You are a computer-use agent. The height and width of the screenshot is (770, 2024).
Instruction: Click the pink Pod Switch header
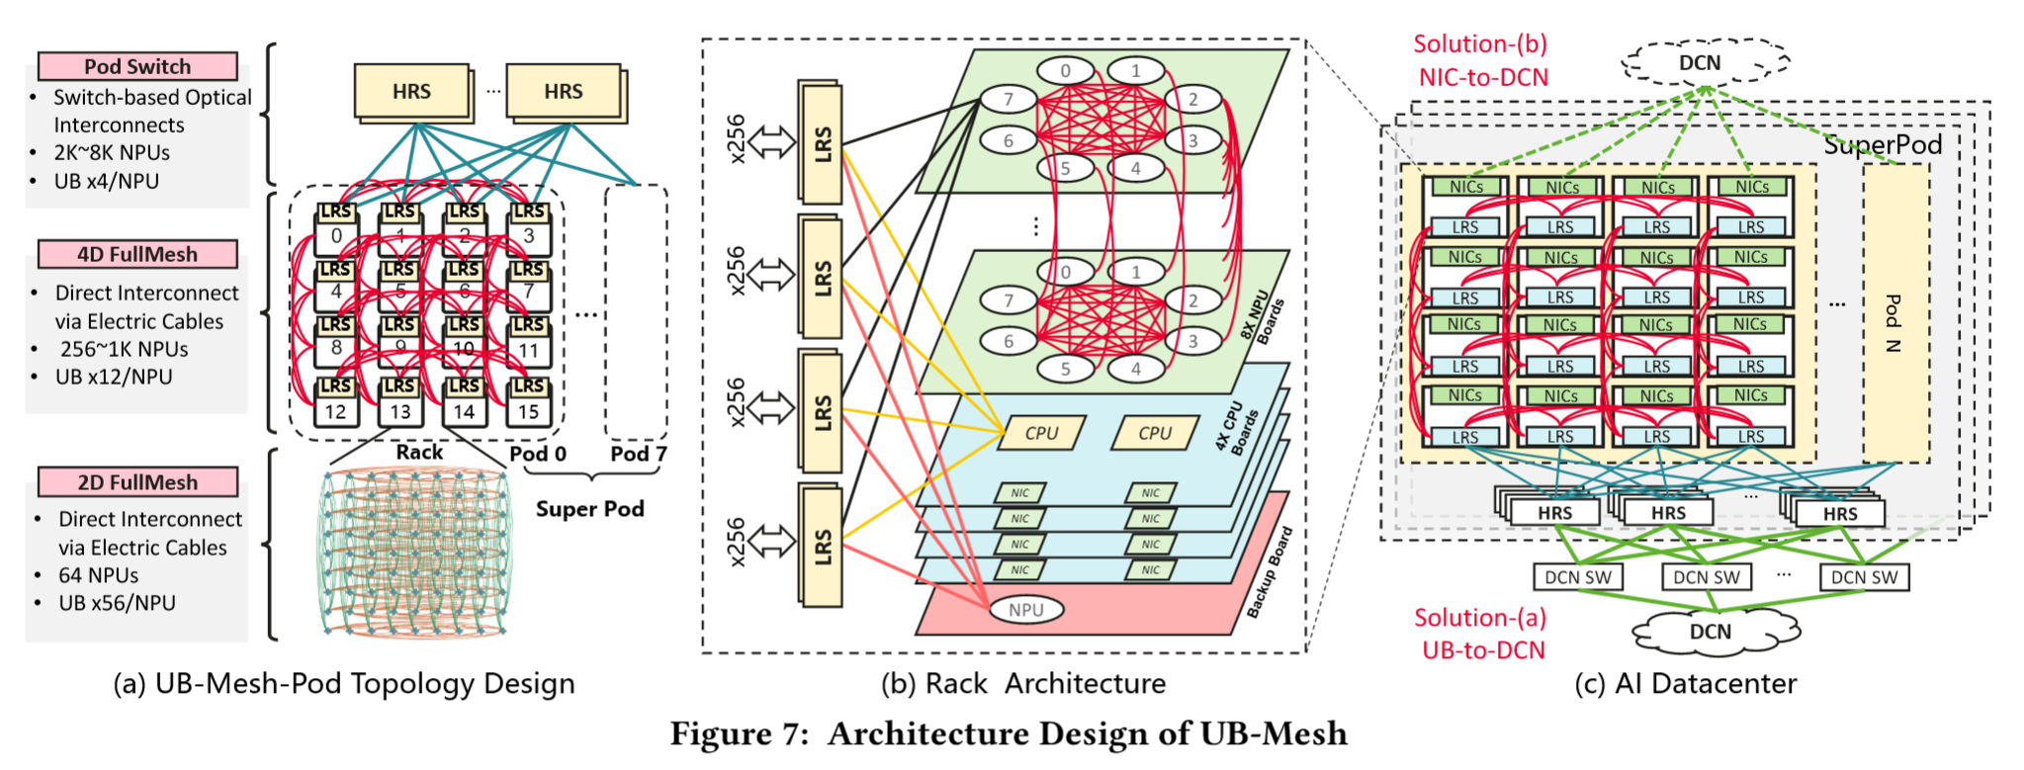click(137, 66)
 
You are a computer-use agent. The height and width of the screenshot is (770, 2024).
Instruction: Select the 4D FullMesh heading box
click(137, 254)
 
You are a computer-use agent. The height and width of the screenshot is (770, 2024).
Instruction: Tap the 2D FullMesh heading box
click(137, 482)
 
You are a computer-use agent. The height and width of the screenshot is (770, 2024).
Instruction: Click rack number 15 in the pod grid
click(529, 411)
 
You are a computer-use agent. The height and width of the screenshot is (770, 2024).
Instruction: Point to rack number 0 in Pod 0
click(336, 236)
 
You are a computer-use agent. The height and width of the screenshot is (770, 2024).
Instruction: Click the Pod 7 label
click(638, 454)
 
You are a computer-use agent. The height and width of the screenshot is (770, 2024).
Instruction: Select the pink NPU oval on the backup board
click(1025, 610)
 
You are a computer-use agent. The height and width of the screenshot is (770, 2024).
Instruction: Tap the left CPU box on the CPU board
click(1041, 433)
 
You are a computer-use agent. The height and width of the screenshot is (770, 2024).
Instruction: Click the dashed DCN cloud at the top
click(1700, 63)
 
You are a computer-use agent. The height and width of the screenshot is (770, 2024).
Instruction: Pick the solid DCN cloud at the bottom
click(1710, 633)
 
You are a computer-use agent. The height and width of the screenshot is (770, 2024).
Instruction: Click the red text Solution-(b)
click(1479, 44)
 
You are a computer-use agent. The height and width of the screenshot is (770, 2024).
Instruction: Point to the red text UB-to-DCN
click(1483, 649)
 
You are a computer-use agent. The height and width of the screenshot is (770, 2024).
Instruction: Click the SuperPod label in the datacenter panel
click(1882, 145)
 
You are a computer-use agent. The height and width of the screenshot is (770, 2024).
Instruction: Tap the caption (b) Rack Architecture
click(1023, 684)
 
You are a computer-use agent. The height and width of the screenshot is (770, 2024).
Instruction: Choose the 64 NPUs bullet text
click(99, 575)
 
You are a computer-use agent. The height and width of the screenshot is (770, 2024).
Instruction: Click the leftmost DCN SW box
click(1577, 577)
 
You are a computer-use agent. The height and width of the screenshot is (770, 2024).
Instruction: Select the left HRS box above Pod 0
click(411, 92)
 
